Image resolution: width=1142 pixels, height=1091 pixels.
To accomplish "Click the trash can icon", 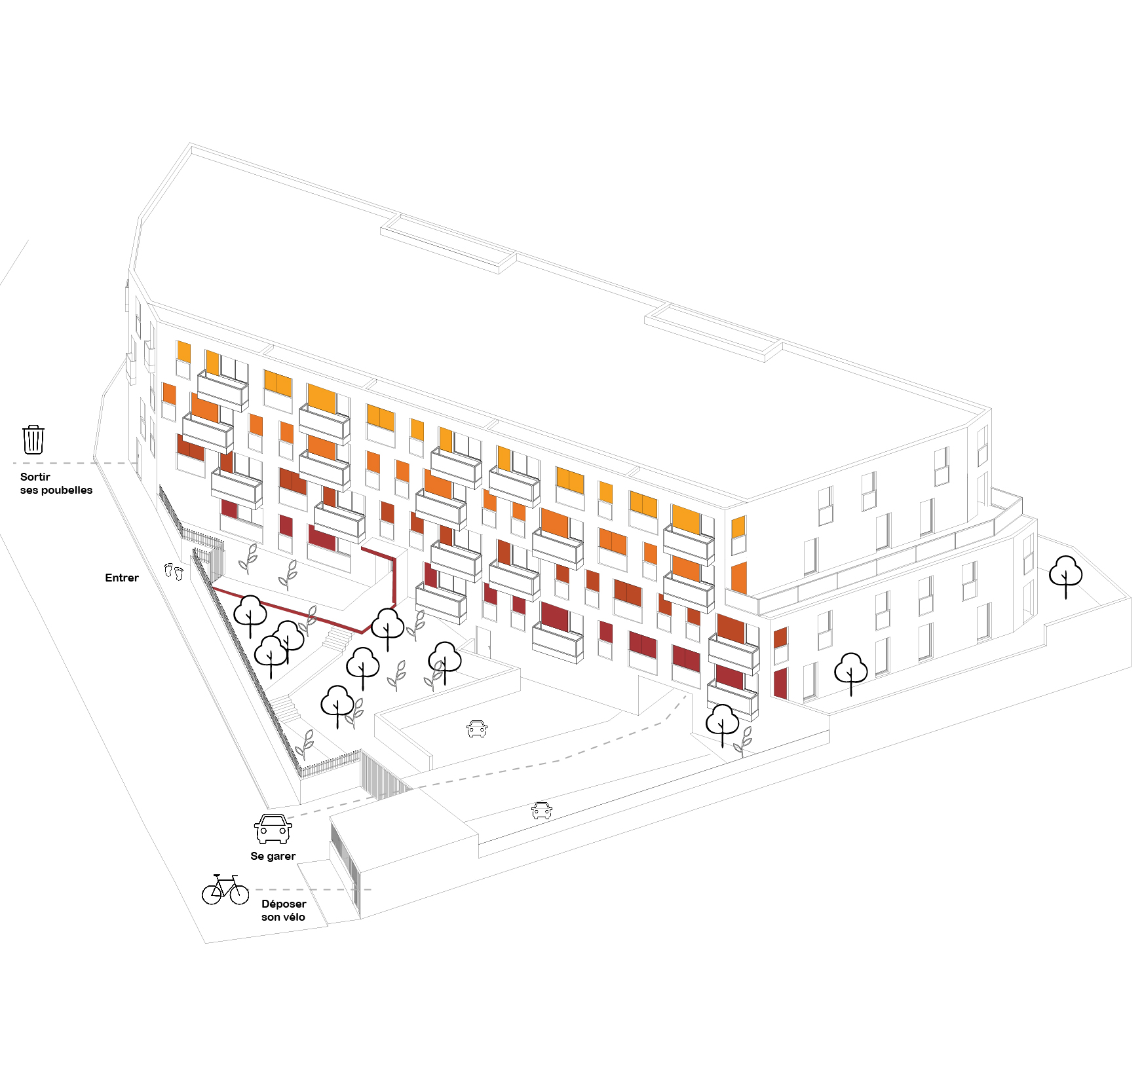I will (x=33, y=439).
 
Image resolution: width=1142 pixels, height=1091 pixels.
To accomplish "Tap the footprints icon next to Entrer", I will (x=174, y=571).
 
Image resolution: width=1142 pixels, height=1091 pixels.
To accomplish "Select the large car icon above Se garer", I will (x=273, y=829).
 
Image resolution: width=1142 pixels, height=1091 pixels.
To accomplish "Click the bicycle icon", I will (x=225, y=889).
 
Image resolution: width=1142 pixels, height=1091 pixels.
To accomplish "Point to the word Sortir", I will (x=35, y=477).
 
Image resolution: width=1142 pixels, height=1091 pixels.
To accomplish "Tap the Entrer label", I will (x=122, y=578).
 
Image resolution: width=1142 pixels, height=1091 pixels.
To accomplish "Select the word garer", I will (x=282, y=856).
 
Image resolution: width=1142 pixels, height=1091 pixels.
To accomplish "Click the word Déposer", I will (x=284, y=904).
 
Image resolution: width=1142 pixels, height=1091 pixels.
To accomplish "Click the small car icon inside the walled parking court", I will (x=477, y=728).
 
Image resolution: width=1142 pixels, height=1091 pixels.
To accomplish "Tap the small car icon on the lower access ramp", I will (x=541, y=810).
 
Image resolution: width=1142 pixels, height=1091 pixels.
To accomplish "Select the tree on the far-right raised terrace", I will (x=1065, y=574).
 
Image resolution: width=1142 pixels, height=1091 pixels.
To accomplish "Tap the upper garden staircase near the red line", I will (x=337, y=638).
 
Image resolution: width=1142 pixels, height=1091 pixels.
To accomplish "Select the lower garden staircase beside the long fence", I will (x=286, y=708).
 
